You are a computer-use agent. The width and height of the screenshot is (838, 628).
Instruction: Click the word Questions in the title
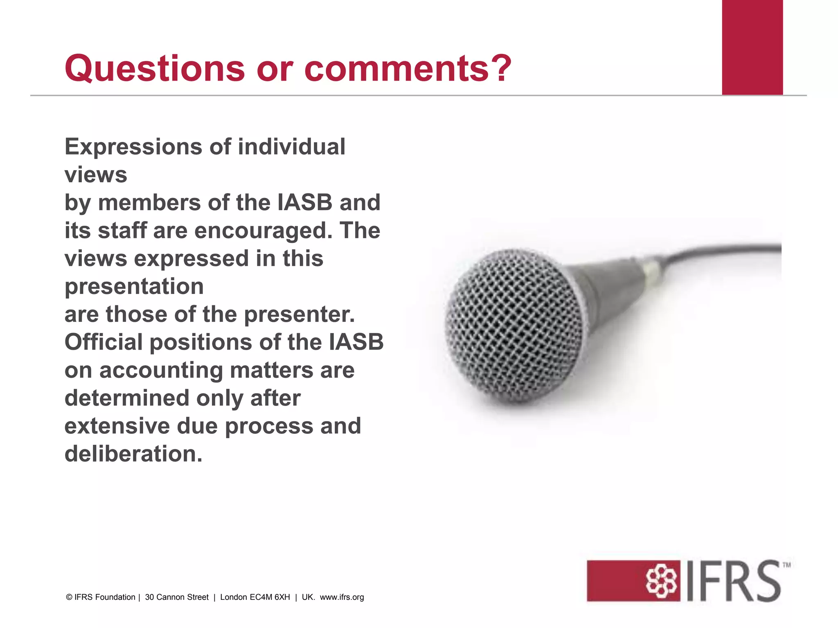tap(155, 68)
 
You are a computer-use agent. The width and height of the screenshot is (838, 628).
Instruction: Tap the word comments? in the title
tap(408, 68)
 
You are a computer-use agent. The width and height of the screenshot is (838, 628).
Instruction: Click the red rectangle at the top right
tap(752, 47)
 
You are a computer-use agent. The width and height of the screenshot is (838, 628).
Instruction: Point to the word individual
tap(291, 146)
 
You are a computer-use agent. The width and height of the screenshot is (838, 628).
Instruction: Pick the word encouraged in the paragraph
tap(263, 231)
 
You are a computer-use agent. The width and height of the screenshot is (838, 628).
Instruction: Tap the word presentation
tap(134, 287)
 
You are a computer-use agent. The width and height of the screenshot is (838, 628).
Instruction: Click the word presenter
tap(300, 315)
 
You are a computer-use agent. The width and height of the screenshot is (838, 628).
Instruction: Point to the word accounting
tap(161, 371)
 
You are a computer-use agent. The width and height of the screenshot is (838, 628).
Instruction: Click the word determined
tap(127, 398)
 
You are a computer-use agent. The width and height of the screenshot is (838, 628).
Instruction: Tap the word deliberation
tap(133, 454)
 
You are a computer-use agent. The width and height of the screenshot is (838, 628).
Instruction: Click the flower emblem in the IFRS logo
tap(661, 581)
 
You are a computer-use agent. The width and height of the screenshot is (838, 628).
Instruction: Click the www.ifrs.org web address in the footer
tap(342, 597)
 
